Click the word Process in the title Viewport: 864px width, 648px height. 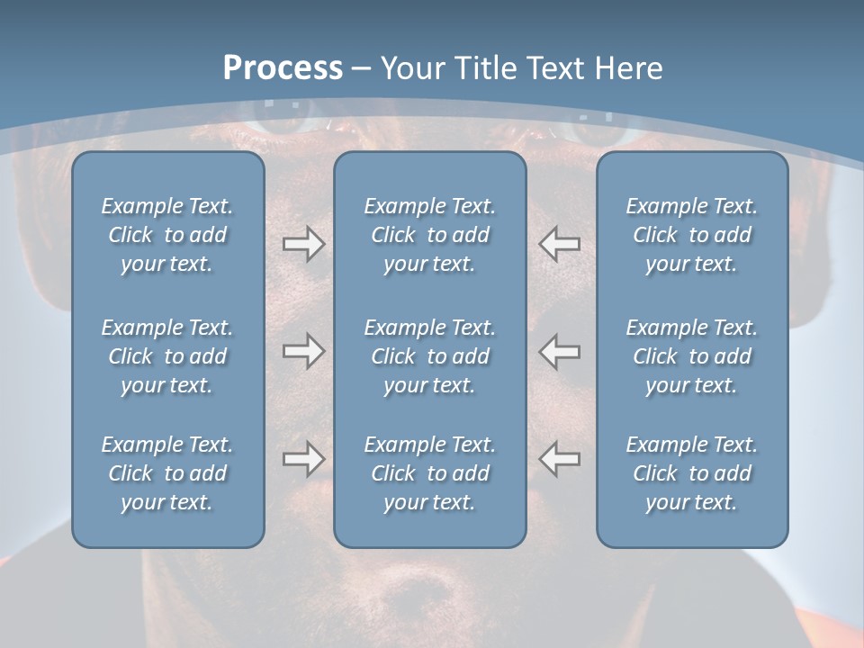(x=283, y=68)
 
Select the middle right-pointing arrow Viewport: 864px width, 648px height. (x=304, y=351)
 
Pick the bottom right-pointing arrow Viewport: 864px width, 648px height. (x=304, y=459)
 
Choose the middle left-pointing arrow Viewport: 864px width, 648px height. (x=559, y=351)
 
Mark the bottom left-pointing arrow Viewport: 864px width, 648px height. (x=559, y=459)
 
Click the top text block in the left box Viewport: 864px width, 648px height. (x=167, y=235)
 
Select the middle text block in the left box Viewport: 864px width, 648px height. (x=167, y=356)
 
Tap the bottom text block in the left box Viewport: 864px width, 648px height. (x=167, y=473)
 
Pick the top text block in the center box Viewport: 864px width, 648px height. (x=429, y=235)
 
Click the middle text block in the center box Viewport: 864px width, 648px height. (x=429, y=356)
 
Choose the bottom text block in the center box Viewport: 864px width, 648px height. (x=429, y=473)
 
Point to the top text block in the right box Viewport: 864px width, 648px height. (x=691, y=235)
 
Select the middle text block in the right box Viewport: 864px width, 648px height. (x=691, y=356)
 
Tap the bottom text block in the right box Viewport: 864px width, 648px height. (x=691, y=473)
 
